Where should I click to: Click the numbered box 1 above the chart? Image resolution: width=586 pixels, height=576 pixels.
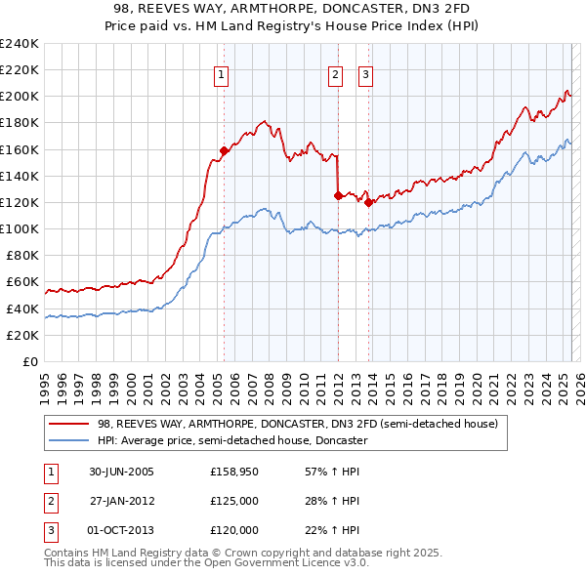coord(222,74)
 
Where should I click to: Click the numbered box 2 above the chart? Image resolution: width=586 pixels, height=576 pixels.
coord(335,74)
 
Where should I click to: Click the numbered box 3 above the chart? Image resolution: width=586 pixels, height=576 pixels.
coord(365,74)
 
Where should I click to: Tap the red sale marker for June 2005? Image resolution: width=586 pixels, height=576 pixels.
coord(224,150)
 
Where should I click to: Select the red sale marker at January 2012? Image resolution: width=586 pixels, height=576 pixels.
coord(338,195)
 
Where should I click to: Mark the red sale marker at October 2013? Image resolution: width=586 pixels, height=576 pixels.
coord(369,202)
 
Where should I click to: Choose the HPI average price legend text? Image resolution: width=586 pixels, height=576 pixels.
coord(231,440)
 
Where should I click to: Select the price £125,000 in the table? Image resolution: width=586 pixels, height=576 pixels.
coord(234,502)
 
